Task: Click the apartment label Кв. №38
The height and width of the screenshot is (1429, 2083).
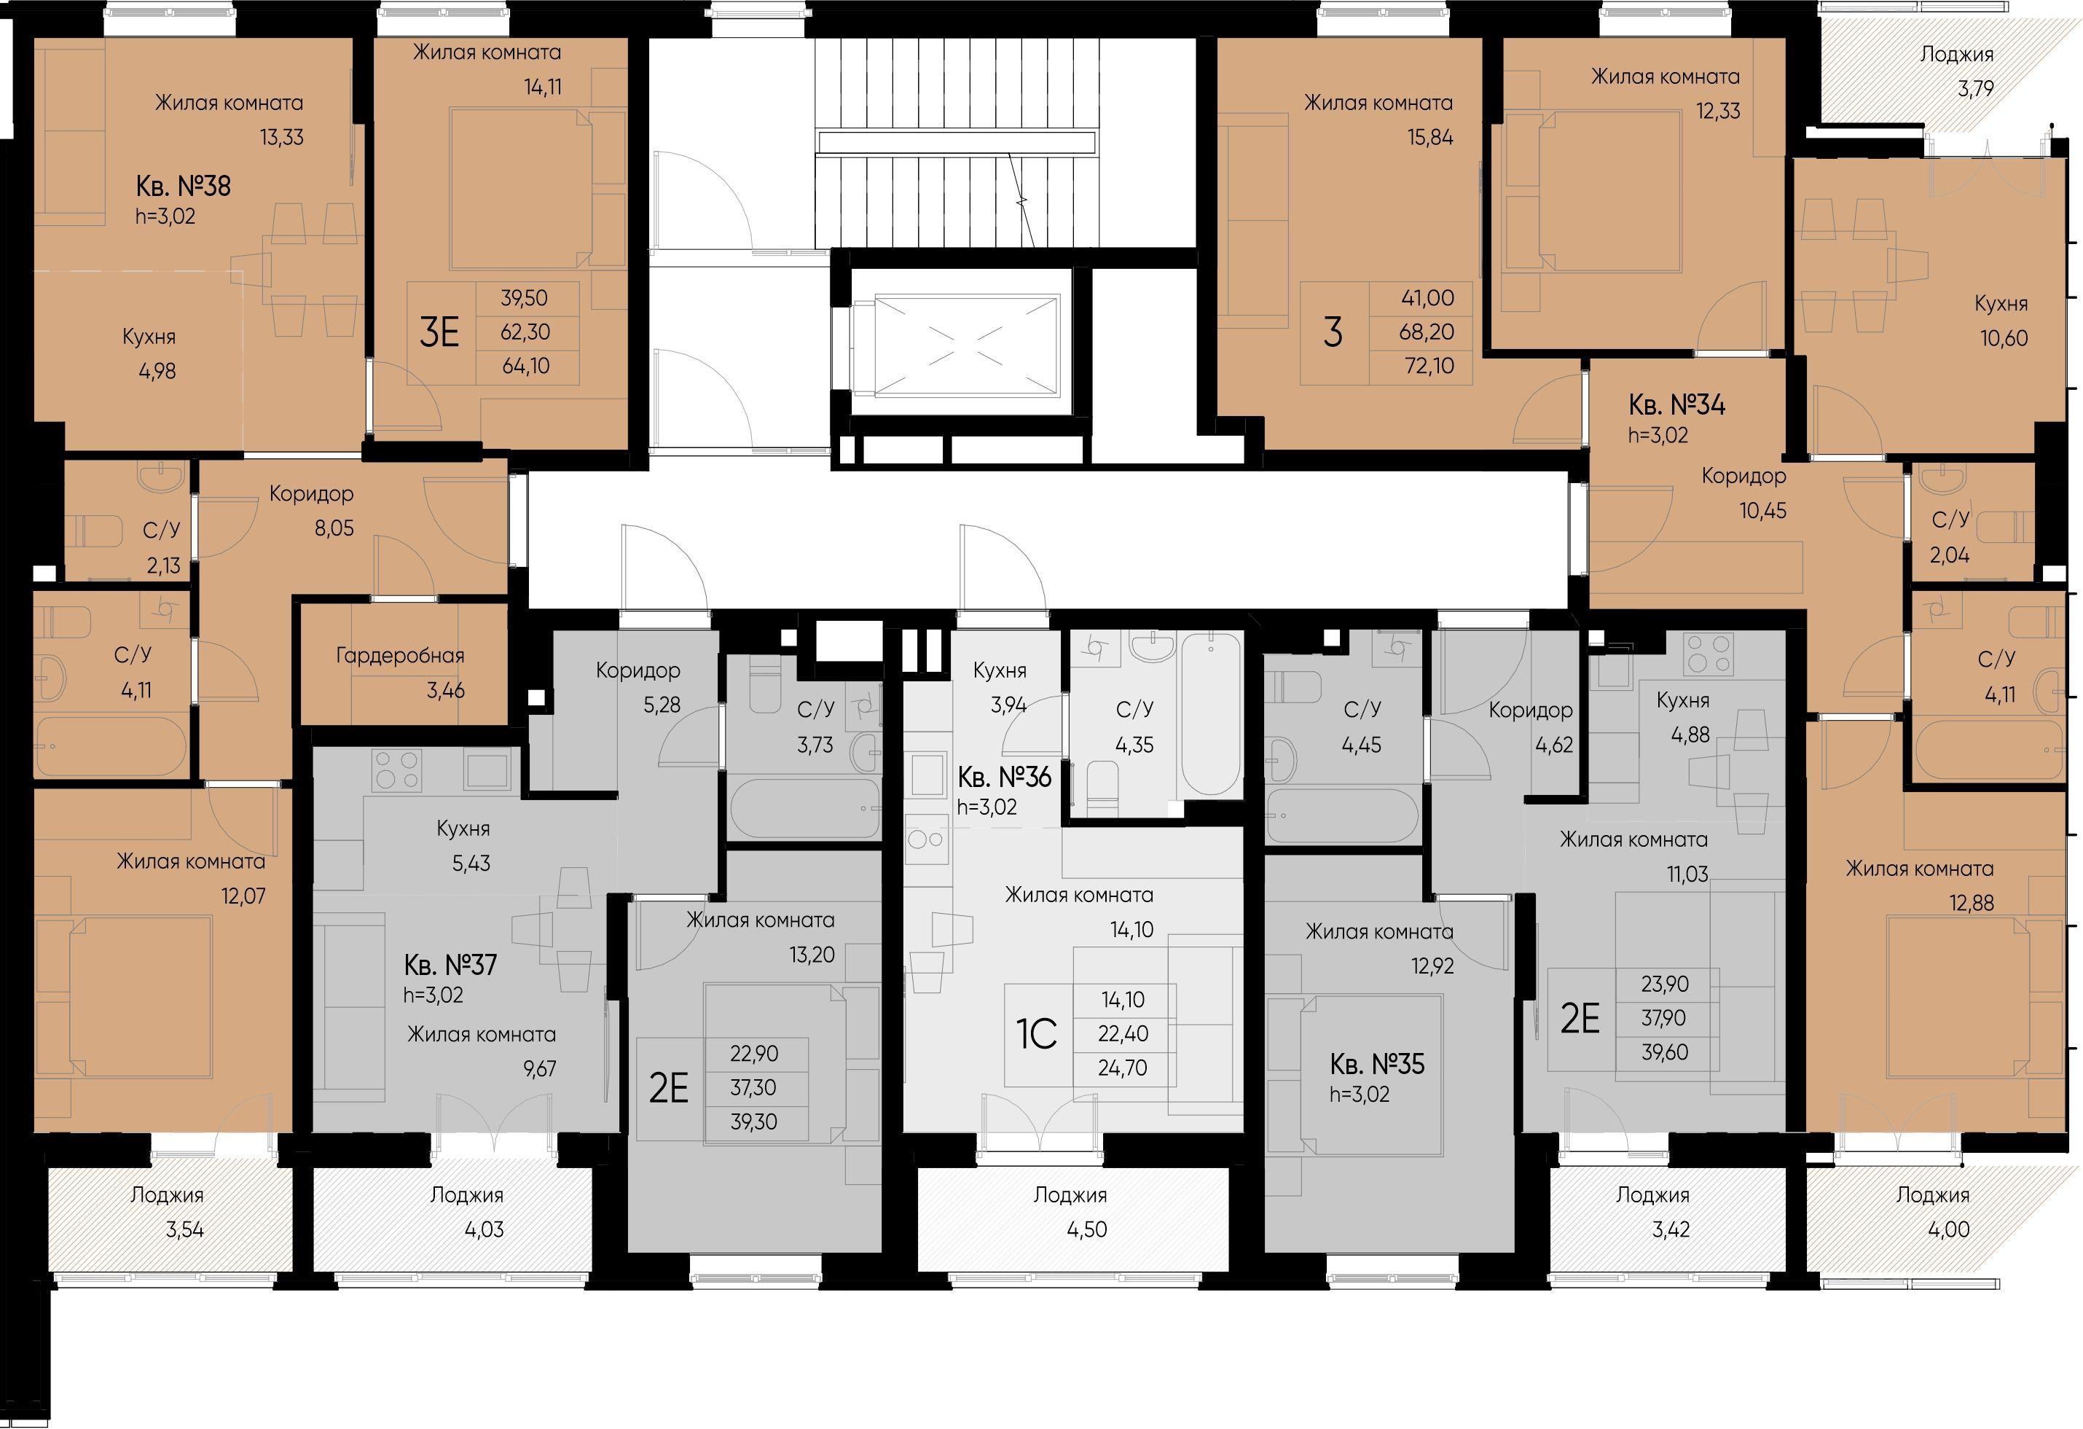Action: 183,187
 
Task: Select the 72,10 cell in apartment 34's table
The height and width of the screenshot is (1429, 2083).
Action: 1426,367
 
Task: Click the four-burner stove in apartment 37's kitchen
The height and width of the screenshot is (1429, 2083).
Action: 396,770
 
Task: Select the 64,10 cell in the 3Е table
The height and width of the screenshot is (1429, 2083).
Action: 525,367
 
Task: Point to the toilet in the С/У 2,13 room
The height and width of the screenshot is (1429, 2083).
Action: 97,531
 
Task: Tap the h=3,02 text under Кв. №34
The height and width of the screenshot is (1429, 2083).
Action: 1658,436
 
